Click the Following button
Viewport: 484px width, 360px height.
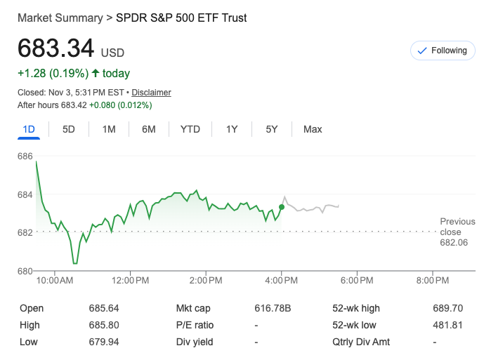coord(442,51)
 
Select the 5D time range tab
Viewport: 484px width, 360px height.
coord(69,129)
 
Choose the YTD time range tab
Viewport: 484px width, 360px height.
coord(190,129)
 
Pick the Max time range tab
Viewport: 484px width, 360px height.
coord(313,129)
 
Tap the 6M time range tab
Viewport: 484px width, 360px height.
coord(148,129)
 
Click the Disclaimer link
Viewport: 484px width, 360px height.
coord(151,93)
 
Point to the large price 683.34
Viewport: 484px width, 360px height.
coord(55,48)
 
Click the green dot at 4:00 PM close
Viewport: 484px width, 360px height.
coord(282,207)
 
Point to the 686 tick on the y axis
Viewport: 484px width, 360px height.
coord(25,156)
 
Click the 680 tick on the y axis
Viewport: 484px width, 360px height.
coord(25,271)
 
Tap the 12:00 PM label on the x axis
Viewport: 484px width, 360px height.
coord(131,281)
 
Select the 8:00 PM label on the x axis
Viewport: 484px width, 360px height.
coord(433,281)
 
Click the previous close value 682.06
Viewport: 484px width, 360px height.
coord(454,242)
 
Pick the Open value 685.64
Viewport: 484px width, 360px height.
coord(103,308)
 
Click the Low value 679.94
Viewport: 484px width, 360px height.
coord(103,342)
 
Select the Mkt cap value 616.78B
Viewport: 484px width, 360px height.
coord(273,308)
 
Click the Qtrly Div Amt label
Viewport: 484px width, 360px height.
coord(361,342)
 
